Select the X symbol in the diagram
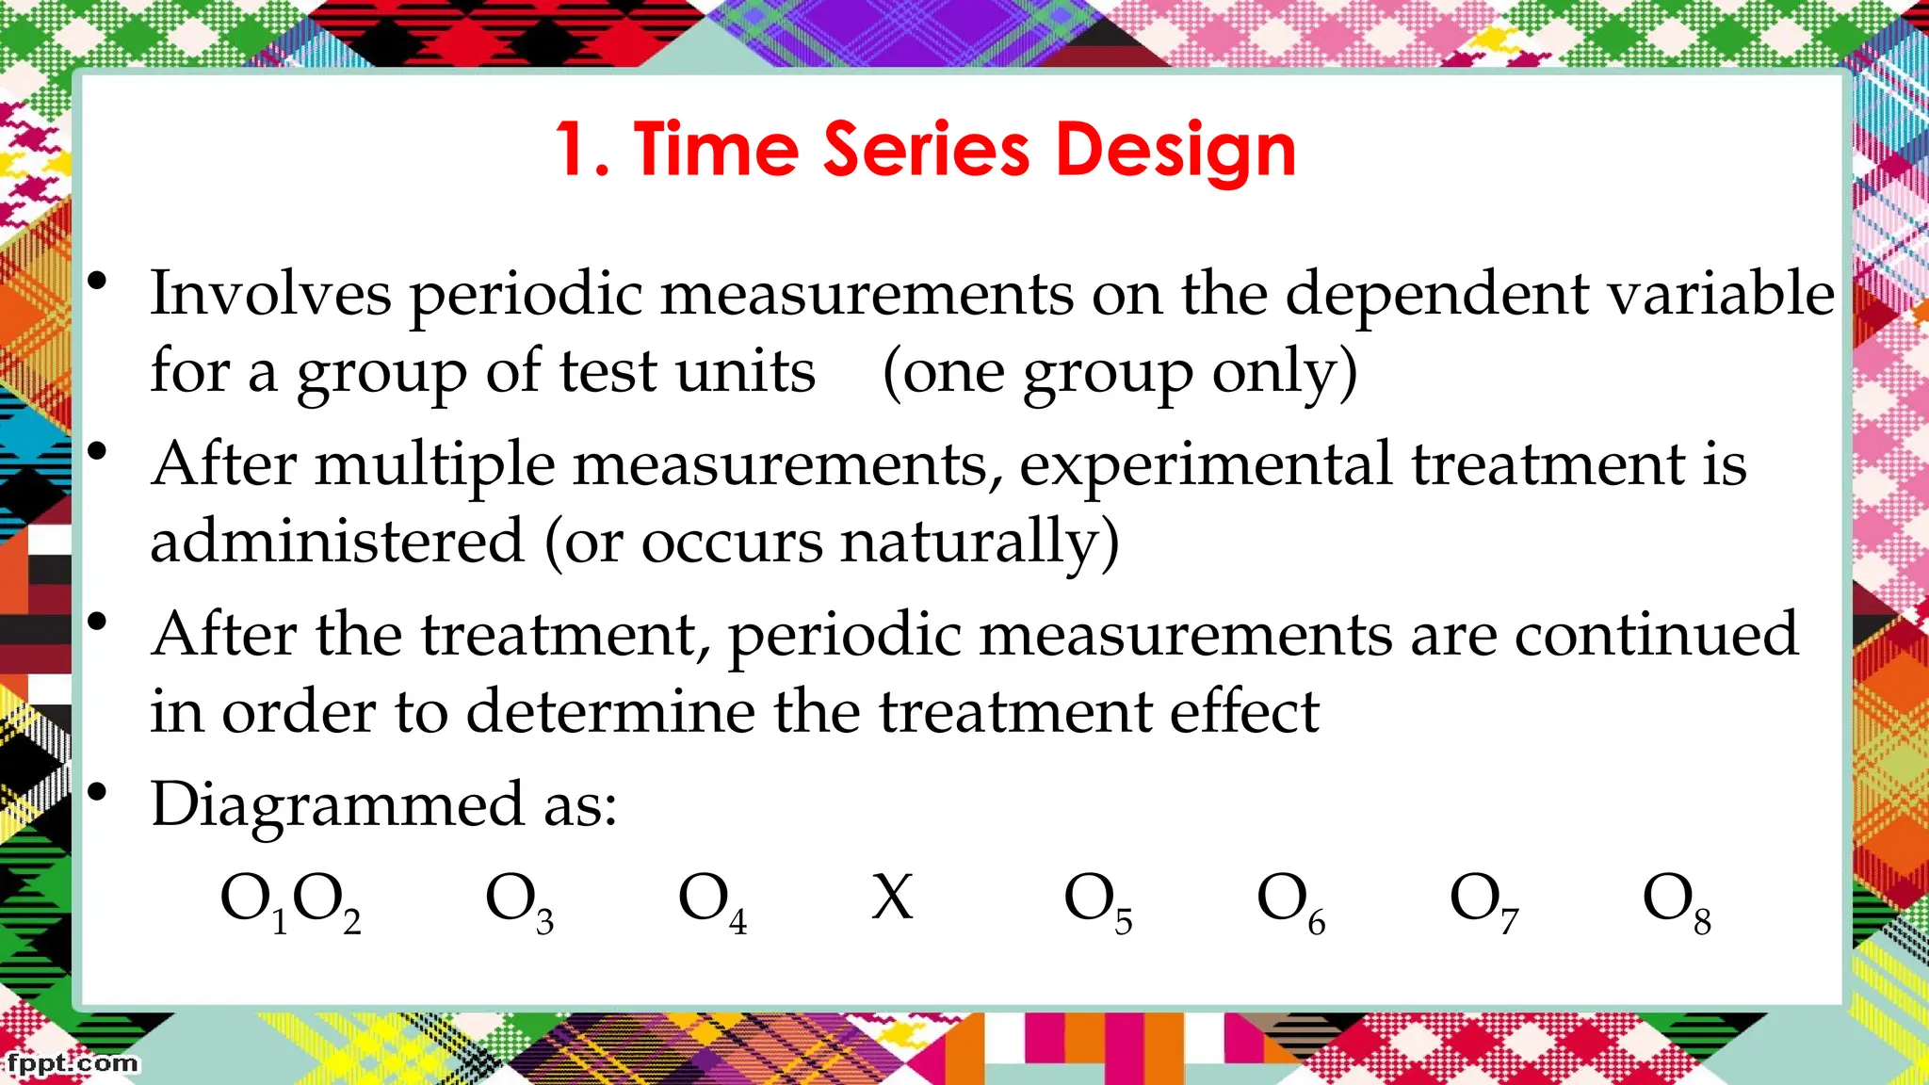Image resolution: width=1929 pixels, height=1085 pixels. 892,898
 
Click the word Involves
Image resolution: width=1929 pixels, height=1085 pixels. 270,293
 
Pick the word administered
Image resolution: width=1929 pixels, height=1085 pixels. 336,541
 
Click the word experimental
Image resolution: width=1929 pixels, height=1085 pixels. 1206,465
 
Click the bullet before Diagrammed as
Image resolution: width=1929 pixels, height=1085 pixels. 97,792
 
